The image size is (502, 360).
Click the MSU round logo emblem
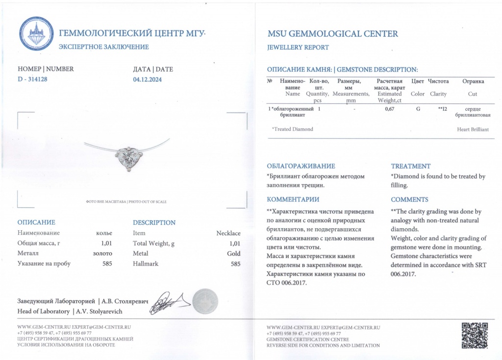36,34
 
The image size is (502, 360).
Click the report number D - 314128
32,79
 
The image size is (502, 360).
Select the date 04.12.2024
147,79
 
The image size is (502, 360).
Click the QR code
475,335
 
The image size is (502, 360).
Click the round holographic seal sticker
204,301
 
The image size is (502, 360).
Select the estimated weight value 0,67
390,109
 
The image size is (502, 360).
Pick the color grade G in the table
418,109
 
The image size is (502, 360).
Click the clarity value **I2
442,109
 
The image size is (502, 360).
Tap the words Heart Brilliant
473,129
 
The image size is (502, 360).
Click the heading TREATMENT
411,166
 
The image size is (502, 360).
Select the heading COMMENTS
409,199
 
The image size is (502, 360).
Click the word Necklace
228,233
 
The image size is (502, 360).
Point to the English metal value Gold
234,254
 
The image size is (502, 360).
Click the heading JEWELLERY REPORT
298,48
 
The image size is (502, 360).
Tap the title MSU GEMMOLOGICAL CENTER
333,34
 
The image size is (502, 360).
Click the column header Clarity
438,94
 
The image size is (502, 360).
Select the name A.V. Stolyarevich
98,312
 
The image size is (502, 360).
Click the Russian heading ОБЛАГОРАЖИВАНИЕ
301,166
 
